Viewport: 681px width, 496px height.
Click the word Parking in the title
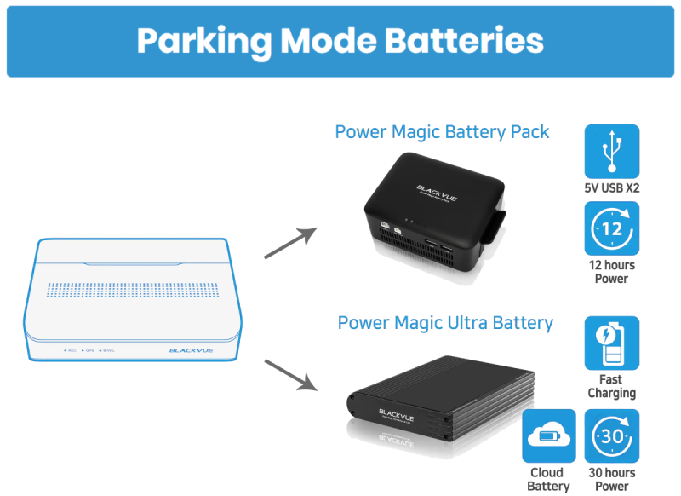(203, 41)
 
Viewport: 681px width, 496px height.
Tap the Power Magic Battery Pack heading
(442, 132)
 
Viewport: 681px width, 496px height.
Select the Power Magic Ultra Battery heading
(445, 323)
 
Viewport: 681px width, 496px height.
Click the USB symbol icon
(612, 152)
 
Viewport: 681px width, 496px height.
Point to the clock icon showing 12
(612, 229)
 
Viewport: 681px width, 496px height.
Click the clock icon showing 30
(612, 435)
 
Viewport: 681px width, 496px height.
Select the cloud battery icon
(549, 435)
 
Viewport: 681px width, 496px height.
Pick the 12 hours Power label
(612, 272)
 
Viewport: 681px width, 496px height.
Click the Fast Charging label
(611, 386)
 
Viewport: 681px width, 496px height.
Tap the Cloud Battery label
(549, 479)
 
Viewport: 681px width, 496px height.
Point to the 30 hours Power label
(612, 479)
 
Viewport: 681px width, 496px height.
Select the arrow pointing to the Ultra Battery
(290, 375)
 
